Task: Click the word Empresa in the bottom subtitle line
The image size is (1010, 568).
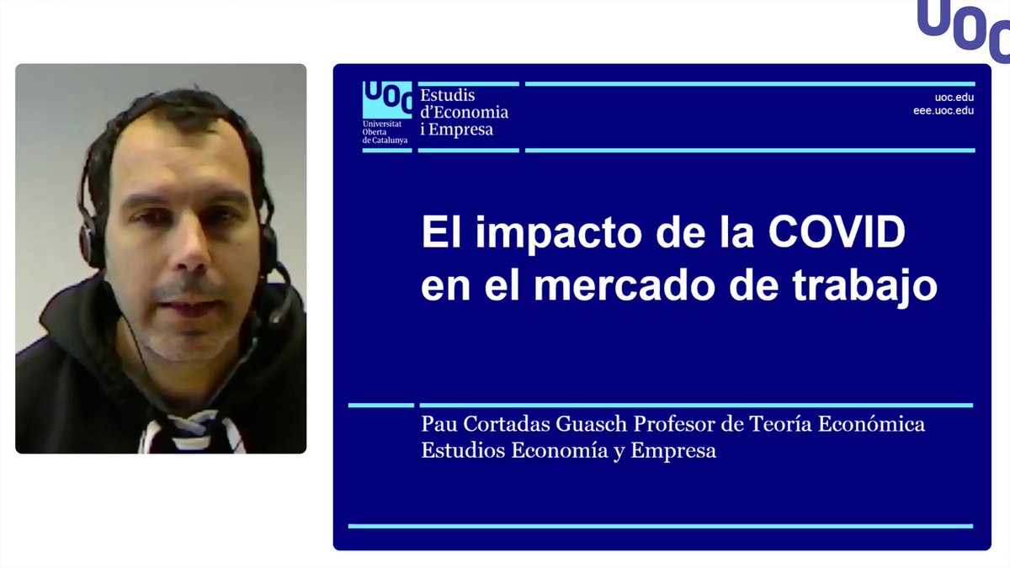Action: (678, 451)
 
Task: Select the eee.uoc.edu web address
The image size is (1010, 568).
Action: (943, 110)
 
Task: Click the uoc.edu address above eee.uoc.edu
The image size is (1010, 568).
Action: (954, 97)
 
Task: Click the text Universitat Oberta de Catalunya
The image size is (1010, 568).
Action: (385, 131)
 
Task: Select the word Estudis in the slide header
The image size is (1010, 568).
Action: (448, 96)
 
